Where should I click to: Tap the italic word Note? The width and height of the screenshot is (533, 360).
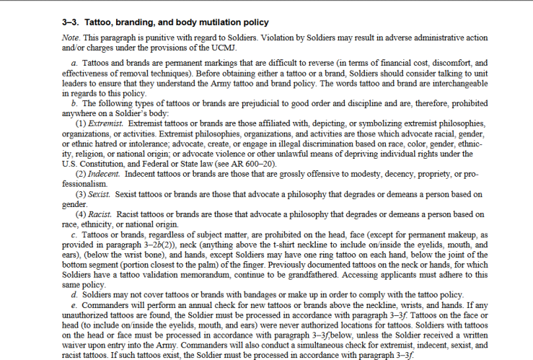click(71, 38)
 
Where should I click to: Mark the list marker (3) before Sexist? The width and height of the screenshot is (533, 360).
click(82, 195)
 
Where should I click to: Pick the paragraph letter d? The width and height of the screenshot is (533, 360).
click(76, 296)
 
